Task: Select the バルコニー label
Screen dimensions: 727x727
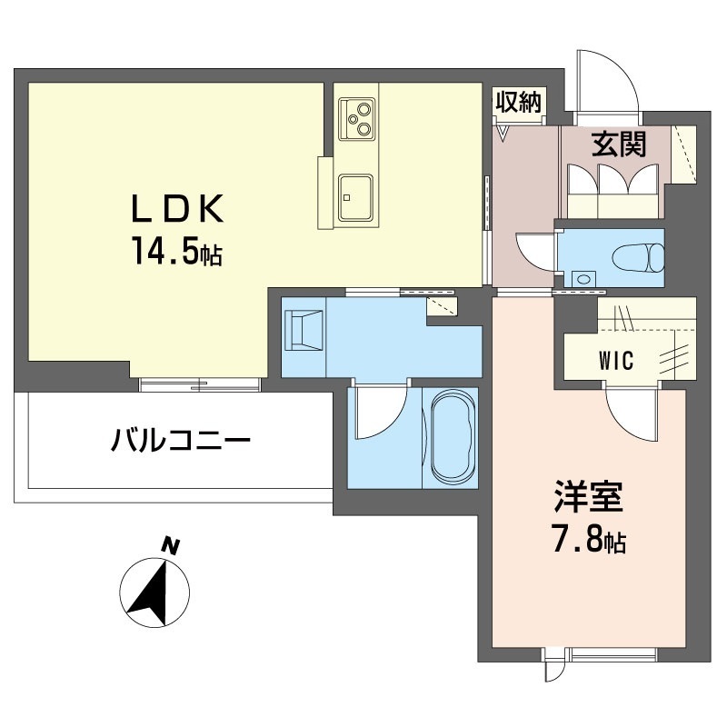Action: [x=181, y=443]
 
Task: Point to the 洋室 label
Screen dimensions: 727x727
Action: [x=588, y=501]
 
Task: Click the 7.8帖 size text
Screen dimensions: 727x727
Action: [x=589, y=543]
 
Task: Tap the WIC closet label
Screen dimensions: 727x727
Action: [x=616, y=360]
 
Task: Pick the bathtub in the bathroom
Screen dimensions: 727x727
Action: [x=452, y=437]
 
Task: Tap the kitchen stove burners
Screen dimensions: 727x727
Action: [x=356, y=118]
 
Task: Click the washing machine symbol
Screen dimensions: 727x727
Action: [x=304, y=329]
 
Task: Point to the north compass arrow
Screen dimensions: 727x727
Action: [x=154, y=592]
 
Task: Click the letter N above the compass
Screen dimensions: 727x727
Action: [x=169, y=545]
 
